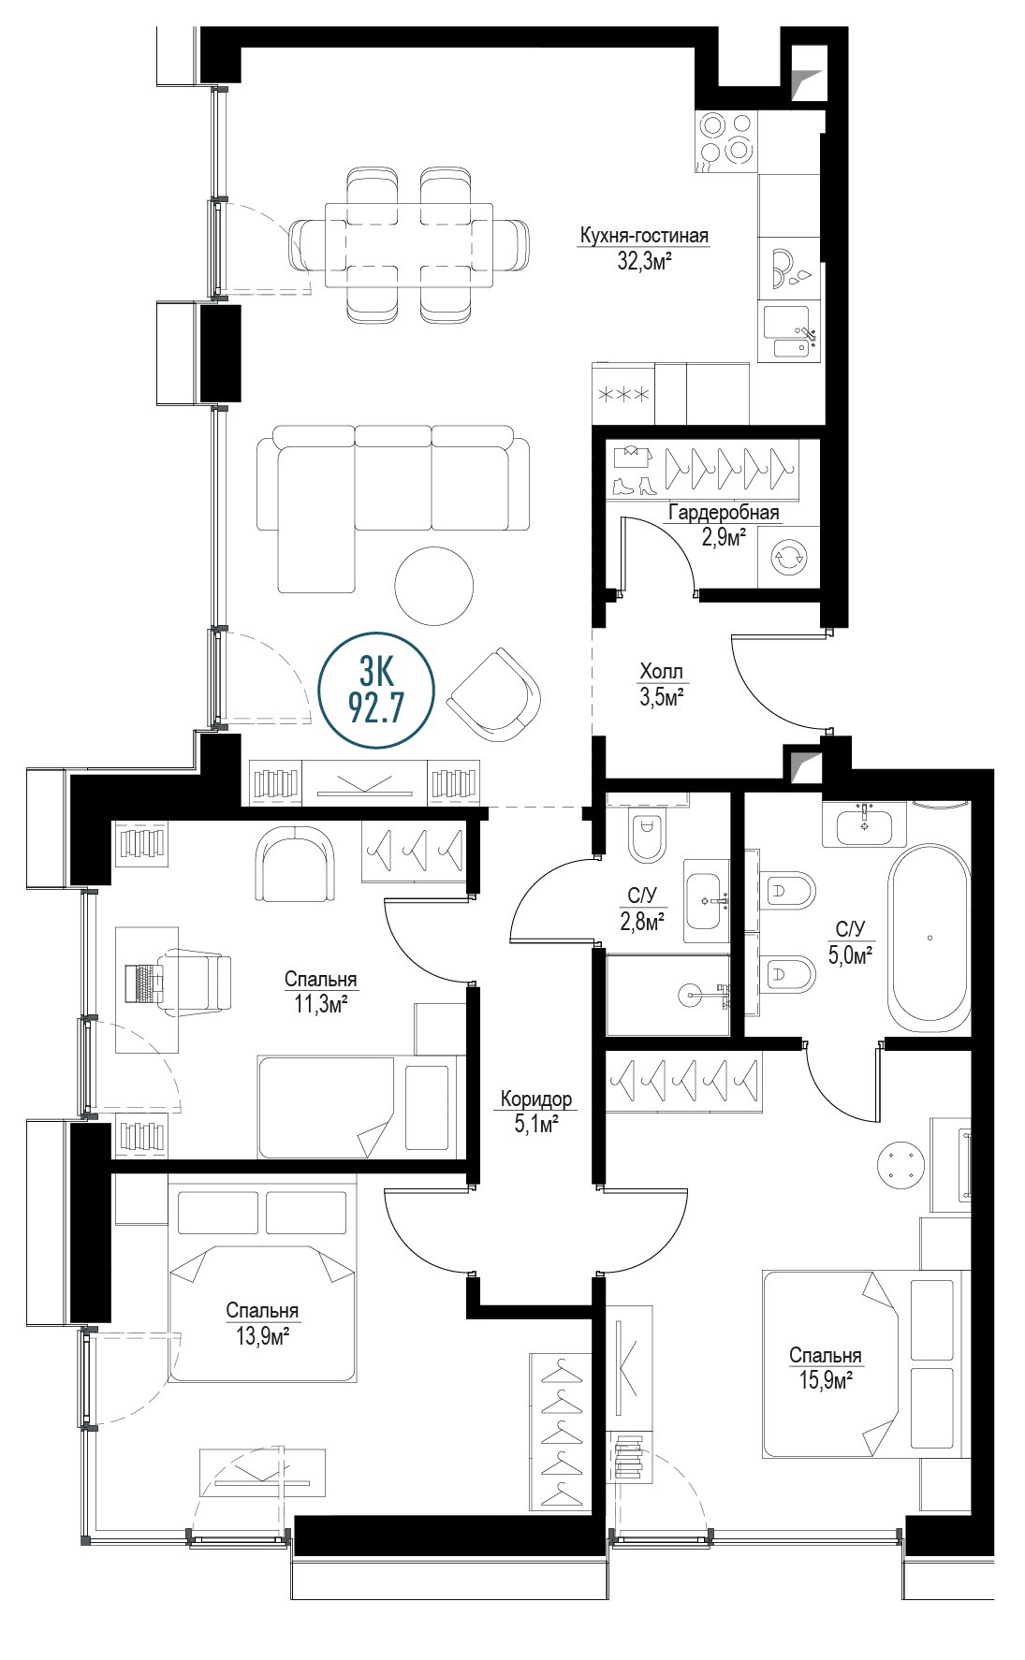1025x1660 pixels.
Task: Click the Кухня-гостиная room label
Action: (x=644, y=236)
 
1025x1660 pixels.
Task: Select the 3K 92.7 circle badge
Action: (x=376, y=691)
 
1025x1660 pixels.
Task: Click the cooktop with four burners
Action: (x=726, y=138)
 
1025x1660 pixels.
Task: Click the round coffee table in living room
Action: (x=433, y=586)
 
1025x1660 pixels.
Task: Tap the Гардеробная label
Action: (x=723, y=513)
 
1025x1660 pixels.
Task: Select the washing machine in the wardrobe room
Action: (x=786, y=557)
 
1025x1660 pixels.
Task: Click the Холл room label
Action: (x=662, y=671)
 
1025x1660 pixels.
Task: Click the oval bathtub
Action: (x=930, y=938)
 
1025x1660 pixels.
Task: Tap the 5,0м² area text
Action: (x=850, y=954)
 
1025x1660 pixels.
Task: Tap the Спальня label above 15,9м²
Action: (x=825, y=1355)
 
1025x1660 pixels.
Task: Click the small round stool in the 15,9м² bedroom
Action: (x=901, y=1166)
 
